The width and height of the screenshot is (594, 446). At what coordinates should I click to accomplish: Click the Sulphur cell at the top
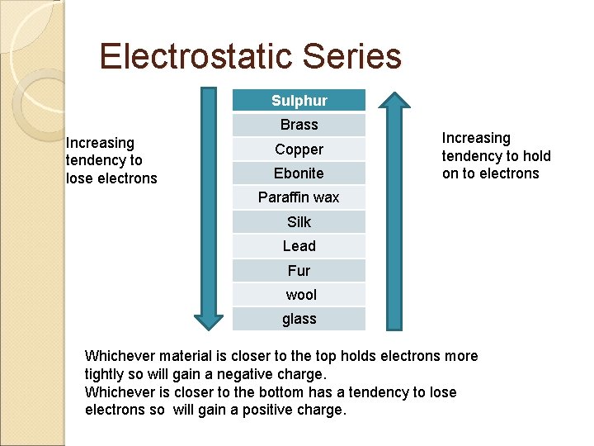coord(299,101)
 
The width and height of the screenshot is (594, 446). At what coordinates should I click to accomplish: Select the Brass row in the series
coord(299,125)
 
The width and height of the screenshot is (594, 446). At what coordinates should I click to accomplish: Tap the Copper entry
coord(299,149)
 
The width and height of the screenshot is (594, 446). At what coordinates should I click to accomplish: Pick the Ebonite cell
coord(299,173)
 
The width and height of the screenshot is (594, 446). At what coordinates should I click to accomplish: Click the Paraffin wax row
coord(299,197)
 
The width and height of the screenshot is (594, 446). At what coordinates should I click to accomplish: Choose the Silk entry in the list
coord(299,222)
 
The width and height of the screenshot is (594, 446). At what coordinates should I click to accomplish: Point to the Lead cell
coord(299,246)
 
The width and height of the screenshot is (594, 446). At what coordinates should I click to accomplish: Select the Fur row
coord(299,271)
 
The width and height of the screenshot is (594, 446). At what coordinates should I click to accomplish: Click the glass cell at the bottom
coord(299,319)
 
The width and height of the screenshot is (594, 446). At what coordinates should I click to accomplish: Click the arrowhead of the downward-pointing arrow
coord(209,321)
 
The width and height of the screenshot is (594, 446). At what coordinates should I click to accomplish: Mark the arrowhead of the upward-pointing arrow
coord(394,100)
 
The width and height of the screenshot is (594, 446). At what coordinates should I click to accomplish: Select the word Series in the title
coord(352,57)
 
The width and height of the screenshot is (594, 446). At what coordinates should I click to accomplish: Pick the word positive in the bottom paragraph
coord(271,410)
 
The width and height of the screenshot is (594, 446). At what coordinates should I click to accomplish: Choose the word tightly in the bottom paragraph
coord(106,374)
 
